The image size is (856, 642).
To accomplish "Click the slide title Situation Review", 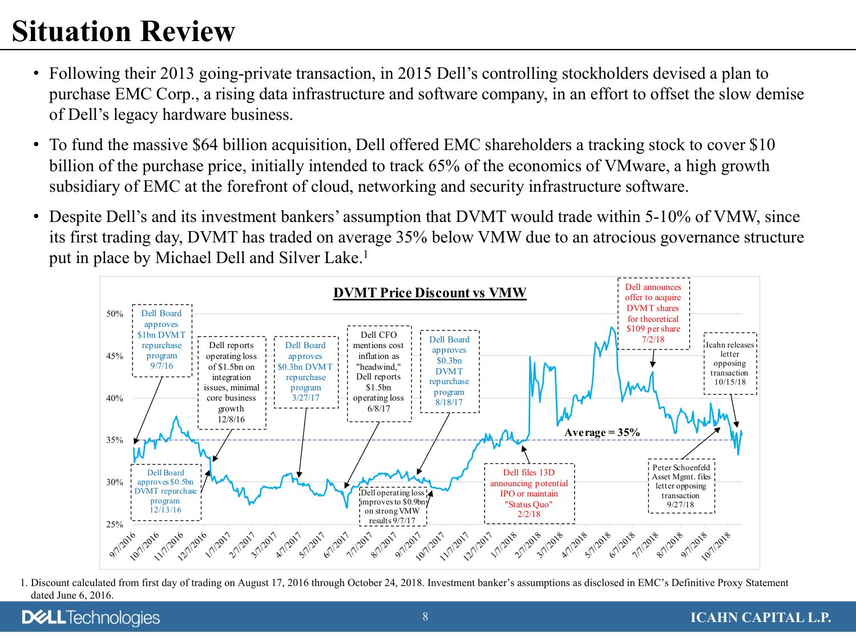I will point(123,31).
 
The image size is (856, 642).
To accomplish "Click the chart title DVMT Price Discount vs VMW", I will point(430,293).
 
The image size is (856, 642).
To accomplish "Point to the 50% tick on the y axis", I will point(115,314).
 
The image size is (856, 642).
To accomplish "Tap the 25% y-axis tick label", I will point(115,524).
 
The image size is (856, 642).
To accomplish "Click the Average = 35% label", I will point(601,433).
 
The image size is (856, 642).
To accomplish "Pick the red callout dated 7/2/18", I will point(653,313).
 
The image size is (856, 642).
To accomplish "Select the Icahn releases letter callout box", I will point(730,364).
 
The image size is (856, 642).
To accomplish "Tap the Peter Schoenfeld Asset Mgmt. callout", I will point(681,486).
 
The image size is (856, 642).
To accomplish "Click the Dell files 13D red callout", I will point(529,493).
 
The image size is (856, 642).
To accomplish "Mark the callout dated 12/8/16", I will point(231,382).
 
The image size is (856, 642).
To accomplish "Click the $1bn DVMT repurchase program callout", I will point(161,340).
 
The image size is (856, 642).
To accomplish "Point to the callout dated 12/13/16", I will point(165,491).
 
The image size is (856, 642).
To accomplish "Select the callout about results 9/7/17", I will point(393,506).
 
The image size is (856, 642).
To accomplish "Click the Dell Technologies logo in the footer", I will point(91,617).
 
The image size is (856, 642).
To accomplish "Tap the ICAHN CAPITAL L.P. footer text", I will point(760,617).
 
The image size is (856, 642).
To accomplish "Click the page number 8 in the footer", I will point(425,616).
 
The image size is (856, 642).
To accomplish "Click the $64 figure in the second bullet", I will point(205,145).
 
